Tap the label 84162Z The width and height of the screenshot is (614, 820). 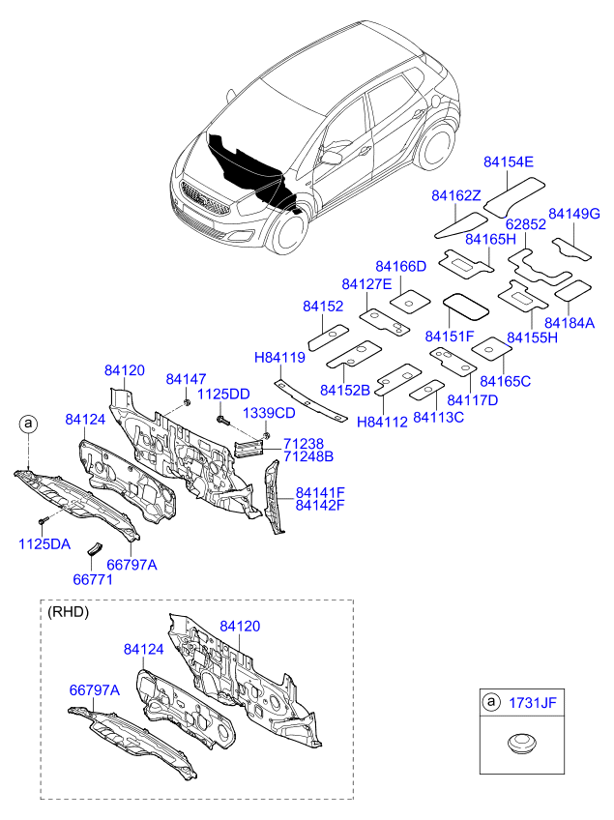point(456,197)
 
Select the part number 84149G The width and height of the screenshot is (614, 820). point(574,213)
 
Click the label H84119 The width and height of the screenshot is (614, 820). point(279,358)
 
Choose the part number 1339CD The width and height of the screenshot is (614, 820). point(269,413)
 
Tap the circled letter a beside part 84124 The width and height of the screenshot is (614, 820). point(29,424)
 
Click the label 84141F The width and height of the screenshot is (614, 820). point(320,492)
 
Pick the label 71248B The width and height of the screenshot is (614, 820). point(308,455)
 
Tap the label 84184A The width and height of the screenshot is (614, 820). point(570,323)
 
